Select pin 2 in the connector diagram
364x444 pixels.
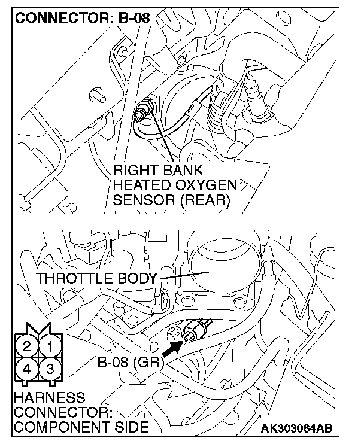[26, 346]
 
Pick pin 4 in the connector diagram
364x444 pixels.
[26, 369]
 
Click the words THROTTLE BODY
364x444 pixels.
[96, 278]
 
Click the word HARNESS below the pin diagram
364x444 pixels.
[43, 398]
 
